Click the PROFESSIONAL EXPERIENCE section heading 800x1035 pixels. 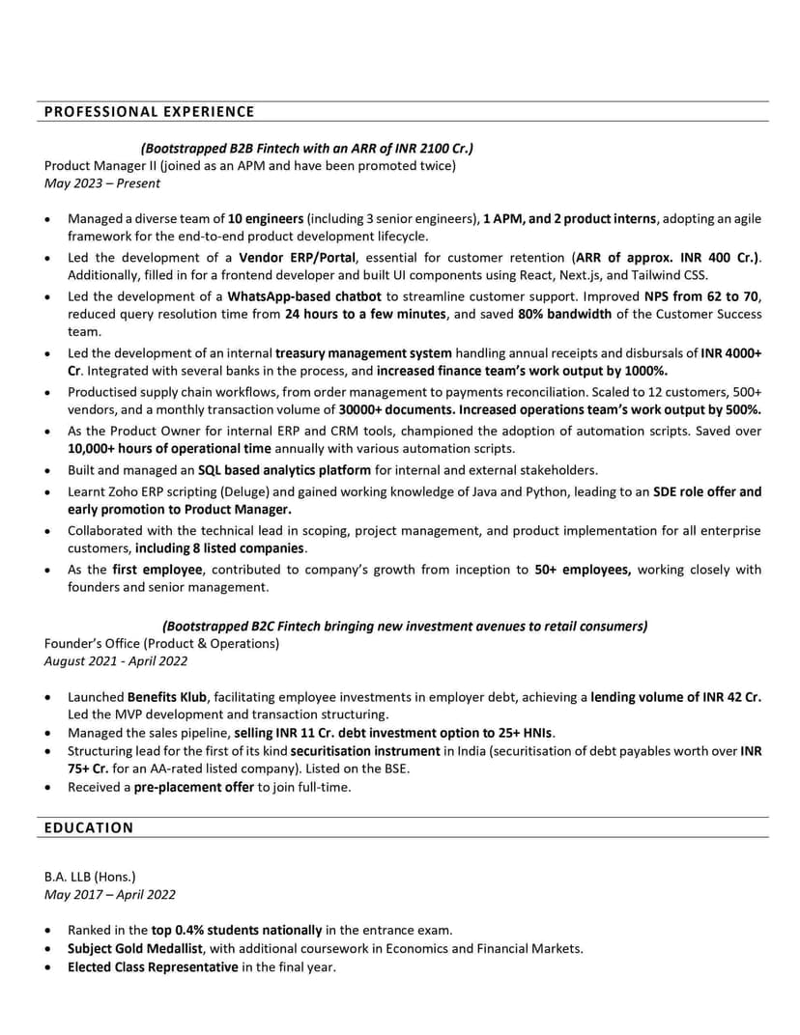[x=150, y=111]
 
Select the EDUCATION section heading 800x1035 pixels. [x=89, y=827]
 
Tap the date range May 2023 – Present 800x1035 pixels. [x=102, y=182]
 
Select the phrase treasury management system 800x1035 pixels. [x=363, y=353]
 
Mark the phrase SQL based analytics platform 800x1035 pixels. [x=284, y=470]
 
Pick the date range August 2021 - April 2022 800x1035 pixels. [x=116, y=661]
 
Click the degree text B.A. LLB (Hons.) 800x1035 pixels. [x=90, y=877]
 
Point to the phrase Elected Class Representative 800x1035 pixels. [x=153, y=966]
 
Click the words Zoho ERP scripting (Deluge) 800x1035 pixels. [x=178, y=491]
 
